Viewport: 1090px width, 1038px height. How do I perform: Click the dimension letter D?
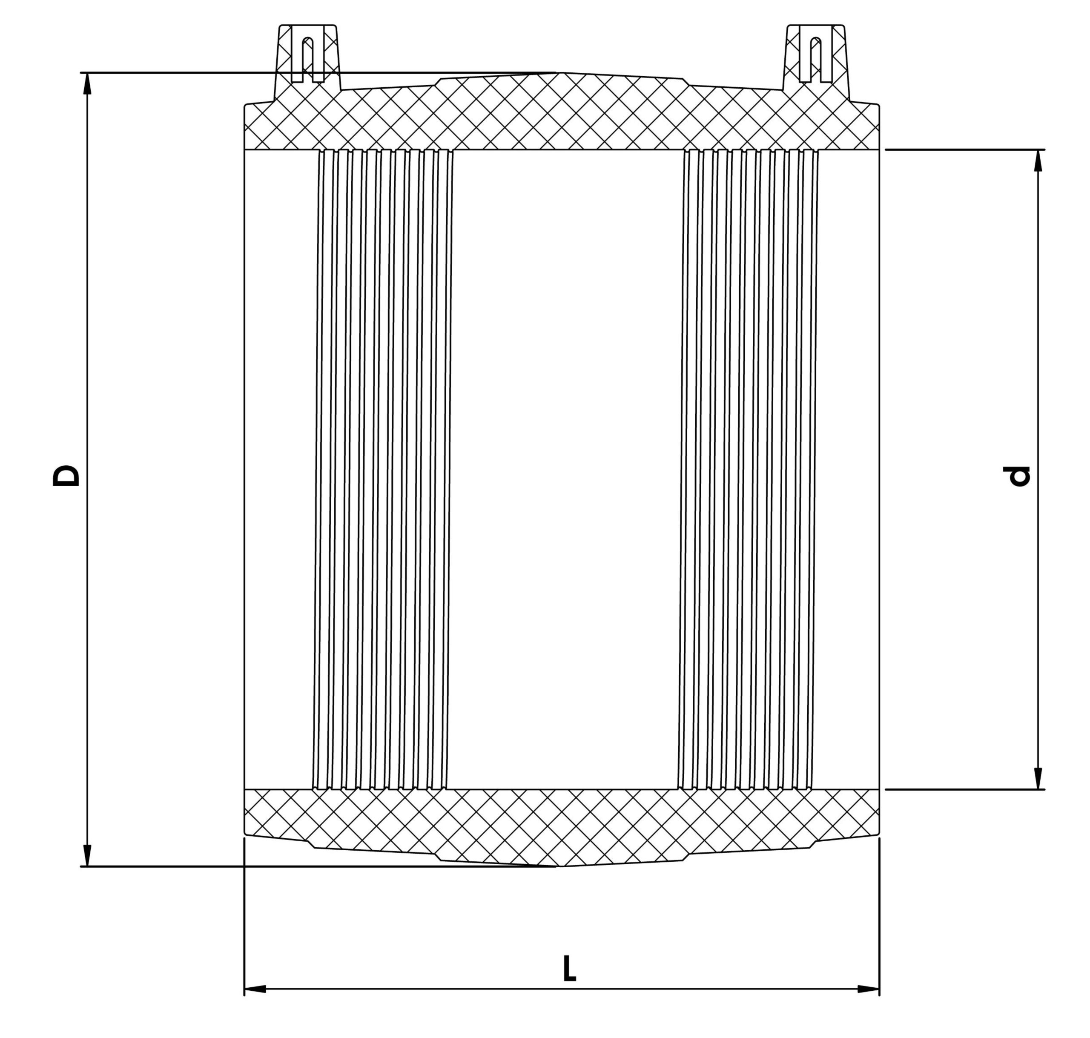(66, 475)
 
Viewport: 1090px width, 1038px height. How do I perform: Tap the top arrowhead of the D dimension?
(87, 83)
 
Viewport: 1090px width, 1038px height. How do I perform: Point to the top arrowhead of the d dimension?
(1038, 161)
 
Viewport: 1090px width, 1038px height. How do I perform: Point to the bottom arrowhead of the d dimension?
(1038, 778)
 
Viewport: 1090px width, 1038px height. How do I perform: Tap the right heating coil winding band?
(748, 469)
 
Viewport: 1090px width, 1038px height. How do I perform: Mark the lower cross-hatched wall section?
(562, 827)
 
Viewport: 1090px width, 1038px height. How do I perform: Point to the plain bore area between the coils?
(565, 469)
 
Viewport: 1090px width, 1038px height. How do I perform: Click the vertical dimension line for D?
(87, 469)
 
